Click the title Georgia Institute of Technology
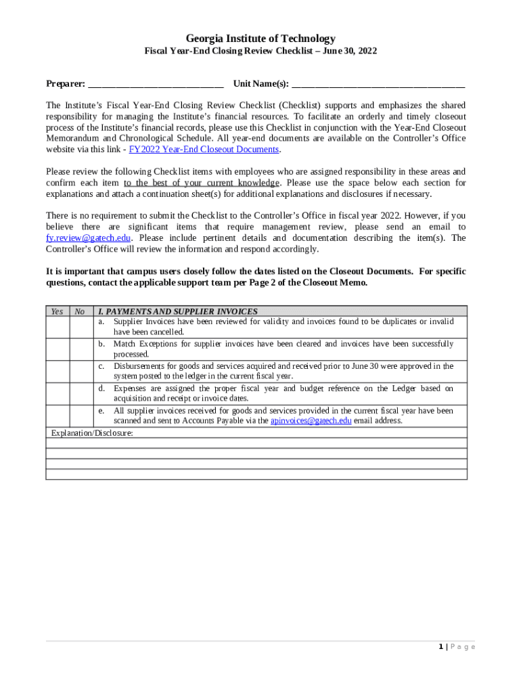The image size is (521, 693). (260, 39)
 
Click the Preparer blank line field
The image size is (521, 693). (156, 84)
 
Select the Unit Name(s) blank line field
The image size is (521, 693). (378, 84)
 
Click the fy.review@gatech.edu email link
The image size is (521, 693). (89, 238)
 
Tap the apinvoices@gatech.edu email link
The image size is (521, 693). (311, 421)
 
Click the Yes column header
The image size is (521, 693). (58, 311)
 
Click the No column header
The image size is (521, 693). (80, 311)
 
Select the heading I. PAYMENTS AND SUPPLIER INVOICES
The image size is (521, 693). (178, 311)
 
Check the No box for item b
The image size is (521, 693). (80, 349)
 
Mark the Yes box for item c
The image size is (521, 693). (58, 372)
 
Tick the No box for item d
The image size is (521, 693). (80, 394)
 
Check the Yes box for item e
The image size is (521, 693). (58, 416)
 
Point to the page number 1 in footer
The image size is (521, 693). (440, 647)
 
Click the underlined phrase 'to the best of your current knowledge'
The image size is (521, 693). (201, 183)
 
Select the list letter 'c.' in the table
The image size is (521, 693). (101, 366)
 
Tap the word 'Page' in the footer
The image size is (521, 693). (463, 647)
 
